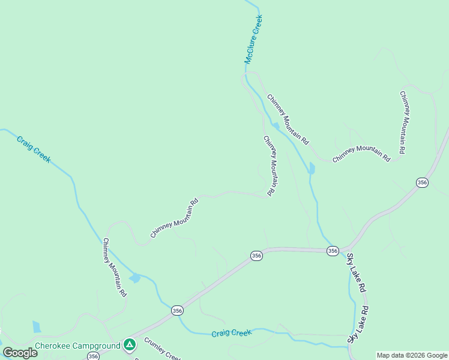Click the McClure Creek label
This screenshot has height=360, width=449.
[x=253, y=40]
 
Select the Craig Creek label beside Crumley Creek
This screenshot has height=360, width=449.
[x=231, y=332]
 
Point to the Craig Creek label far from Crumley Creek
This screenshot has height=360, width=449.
[x=34, y=149]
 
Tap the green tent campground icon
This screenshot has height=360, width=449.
[x=129, y=344]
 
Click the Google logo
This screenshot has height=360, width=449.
[x=20, y=353]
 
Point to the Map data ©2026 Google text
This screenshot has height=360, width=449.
[x=412, y=355]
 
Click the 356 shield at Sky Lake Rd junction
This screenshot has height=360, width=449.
[x=333, y=250]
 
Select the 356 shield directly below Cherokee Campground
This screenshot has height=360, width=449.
[x=92, y=356]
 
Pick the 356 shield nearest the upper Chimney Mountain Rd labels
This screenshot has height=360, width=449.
[x=423, y=182]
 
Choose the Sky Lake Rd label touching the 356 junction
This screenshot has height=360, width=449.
[x=356, y=272]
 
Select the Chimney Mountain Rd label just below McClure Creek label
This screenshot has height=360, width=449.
[x=288, y=119]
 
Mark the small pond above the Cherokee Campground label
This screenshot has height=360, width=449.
[x=37, y=327]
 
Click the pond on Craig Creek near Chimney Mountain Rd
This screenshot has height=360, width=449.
[x=134, y=278]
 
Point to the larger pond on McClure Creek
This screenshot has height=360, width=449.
[x=311, y=168]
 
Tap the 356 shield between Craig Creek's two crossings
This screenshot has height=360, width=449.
[x=177, y=310]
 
